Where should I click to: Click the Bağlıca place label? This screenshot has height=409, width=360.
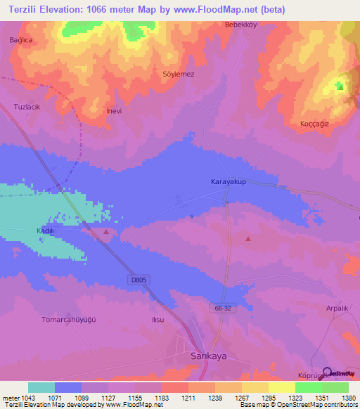coord(21,40)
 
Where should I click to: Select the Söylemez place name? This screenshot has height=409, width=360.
coord(178,74)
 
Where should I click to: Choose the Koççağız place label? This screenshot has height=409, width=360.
coord(316,124)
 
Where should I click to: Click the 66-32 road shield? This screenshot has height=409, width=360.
coord(222,307)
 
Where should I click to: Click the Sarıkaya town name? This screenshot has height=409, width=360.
coord(209,356)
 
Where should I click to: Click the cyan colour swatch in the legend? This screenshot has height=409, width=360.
coord(41,387)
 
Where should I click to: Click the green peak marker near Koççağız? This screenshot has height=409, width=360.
coord(340,86)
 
